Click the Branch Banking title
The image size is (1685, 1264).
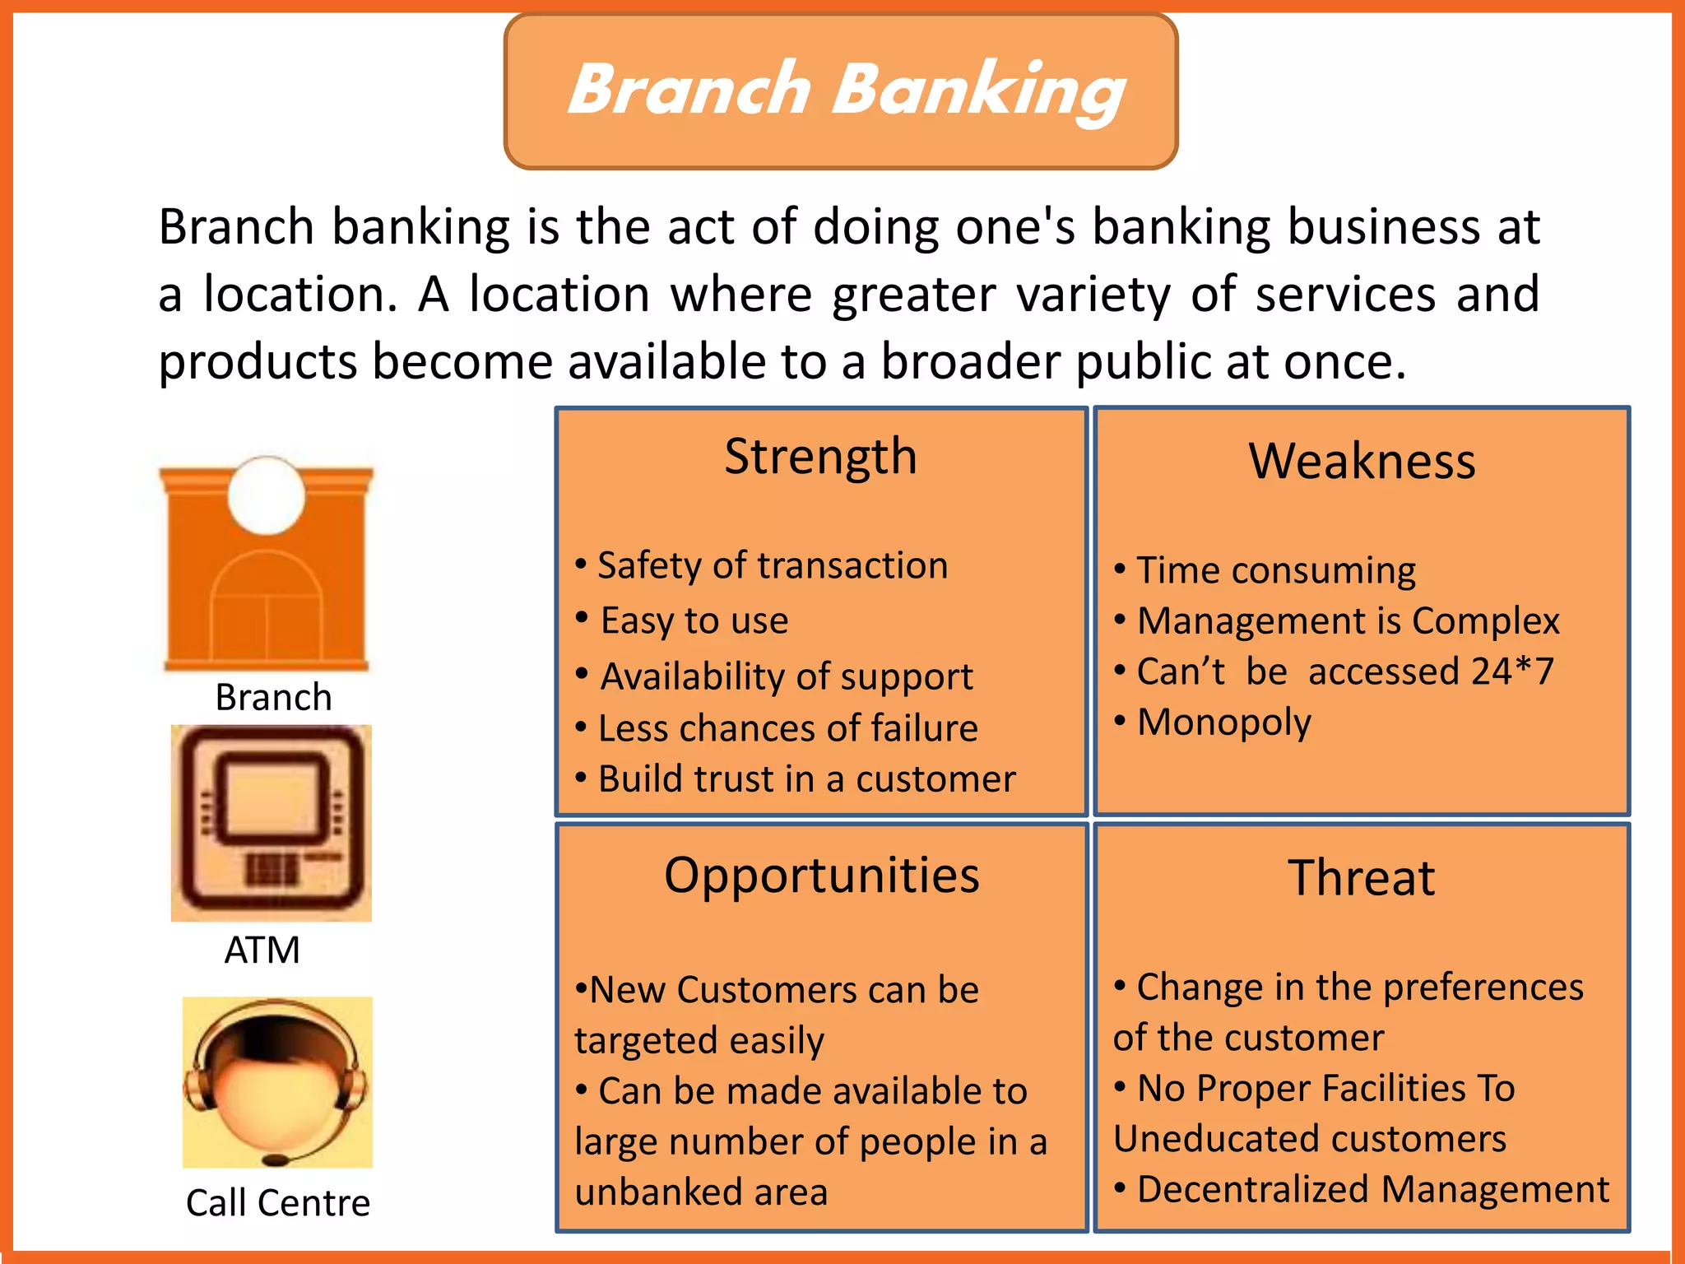coord(846,91)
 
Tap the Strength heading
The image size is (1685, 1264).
coord(820,458)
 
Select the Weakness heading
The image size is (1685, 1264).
coord(1362,462)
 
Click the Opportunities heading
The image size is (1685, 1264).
coord(822,876)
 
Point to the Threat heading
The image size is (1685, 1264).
coord(1362,878)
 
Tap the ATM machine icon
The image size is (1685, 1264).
coord(272,823)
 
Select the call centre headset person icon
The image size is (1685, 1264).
coord(277,1082)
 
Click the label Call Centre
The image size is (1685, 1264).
coord(278,1203)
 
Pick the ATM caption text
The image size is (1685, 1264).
coord(262,950)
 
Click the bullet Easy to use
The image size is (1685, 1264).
coord(694,621)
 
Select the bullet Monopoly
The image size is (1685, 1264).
coord(1223,723)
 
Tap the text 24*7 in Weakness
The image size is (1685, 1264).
coord(1512,672)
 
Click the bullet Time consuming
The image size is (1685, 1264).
coord(1275,571)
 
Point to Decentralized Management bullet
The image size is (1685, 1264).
coord(1372,1190)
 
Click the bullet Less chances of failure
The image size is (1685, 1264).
coord(787,729)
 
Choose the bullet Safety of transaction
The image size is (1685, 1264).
coord(772,566)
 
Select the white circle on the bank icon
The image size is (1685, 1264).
coord(267,496)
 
